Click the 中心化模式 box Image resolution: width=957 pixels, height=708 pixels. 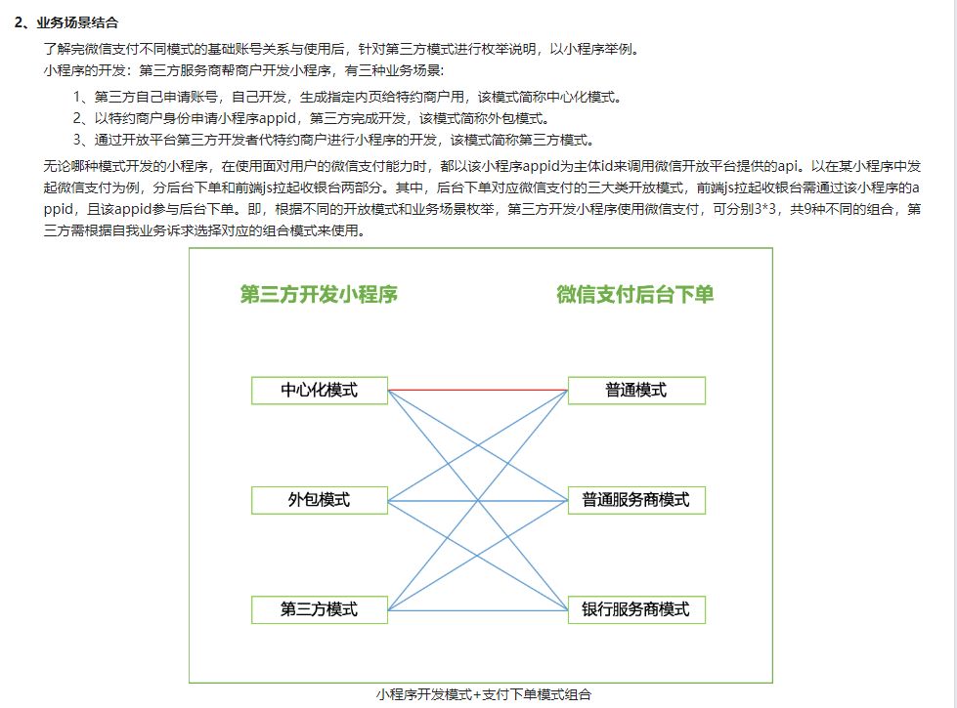(320, 391)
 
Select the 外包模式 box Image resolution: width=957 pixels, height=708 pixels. (320, 500)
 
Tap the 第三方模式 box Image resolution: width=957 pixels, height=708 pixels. (320, 609)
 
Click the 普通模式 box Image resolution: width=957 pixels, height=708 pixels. (636, 391)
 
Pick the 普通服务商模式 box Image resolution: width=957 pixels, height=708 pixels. (636, 500)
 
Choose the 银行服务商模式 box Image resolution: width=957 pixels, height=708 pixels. (636, 609)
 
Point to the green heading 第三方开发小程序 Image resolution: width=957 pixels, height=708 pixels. (319, 294)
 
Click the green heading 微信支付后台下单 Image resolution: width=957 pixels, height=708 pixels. (635, 294)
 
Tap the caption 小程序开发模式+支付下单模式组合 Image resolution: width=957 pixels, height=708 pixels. (484, 695)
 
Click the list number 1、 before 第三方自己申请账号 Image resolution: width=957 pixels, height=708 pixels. (83, 97)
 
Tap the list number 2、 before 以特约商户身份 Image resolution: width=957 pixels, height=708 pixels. (83, 118)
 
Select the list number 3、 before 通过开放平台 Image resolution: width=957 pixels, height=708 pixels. (83, 140)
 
